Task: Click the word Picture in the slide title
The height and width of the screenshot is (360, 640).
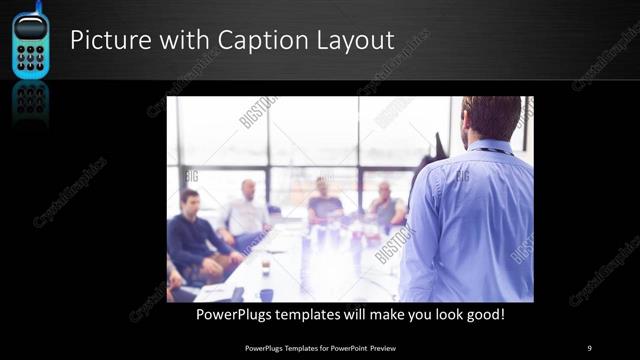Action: coord(105,41)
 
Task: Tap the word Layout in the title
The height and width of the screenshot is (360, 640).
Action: coord(354,41)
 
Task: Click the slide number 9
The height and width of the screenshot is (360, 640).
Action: coord(589,347)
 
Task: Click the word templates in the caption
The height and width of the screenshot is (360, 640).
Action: coord(317,315)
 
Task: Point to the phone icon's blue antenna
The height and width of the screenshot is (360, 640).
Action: coord(38,6)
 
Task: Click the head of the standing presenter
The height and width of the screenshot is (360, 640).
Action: coord(491,117)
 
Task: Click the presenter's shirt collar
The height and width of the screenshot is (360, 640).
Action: coord(493,148)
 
